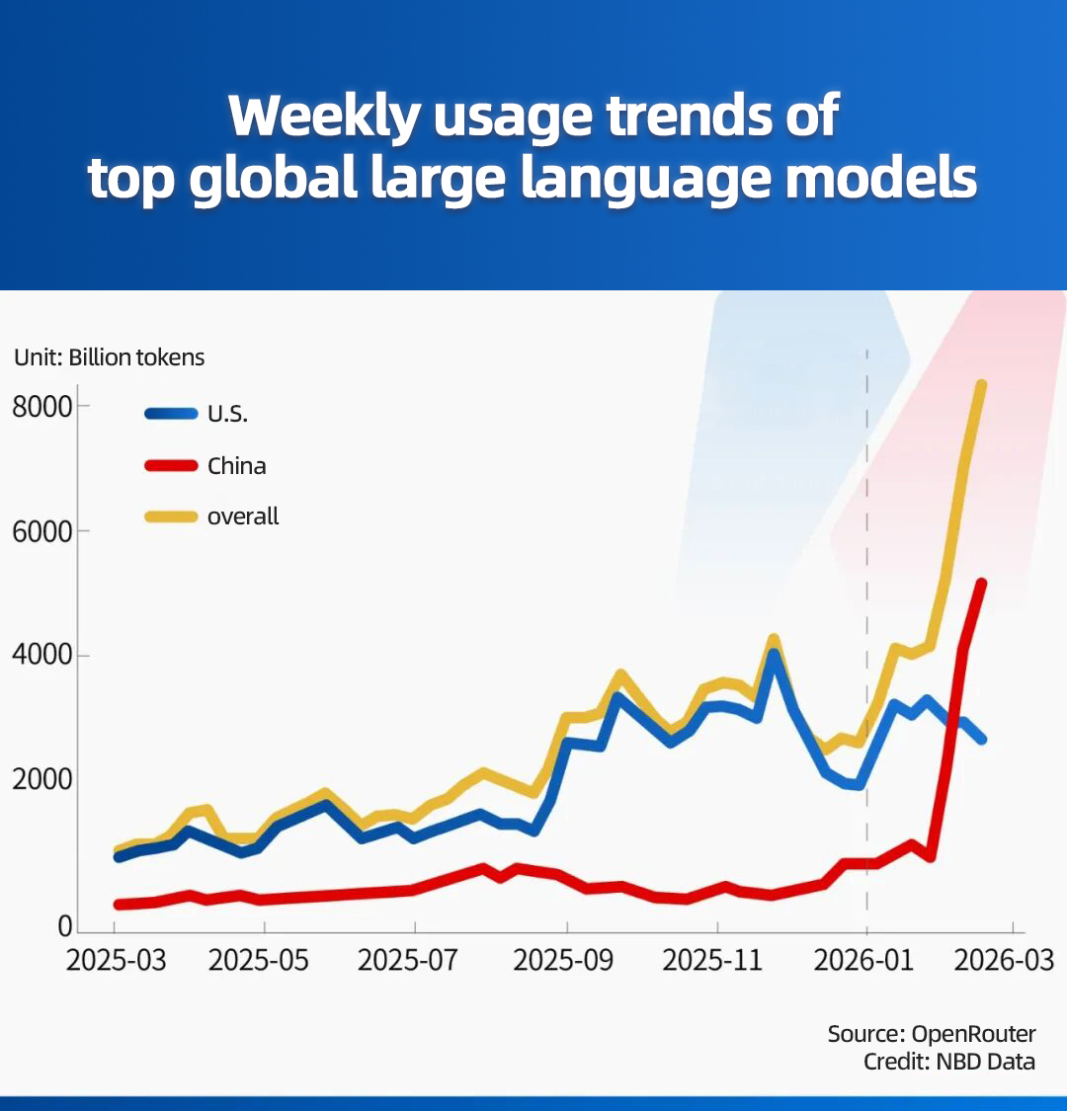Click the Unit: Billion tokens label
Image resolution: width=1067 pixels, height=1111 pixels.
coord(110,357)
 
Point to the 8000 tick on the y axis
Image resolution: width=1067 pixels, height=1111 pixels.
coord(41,406)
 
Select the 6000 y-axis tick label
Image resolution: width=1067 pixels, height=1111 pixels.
coord(41,531)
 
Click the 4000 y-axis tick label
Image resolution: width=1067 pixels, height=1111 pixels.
coord(41,656)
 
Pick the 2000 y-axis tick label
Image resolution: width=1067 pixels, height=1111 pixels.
coord(41,780)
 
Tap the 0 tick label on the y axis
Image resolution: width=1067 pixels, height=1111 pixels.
coord(65,925)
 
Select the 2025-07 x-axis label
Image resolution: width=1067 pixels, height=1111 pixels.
coord(414,960)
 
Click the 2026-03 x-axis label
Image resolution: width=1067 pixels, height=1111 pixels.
coord(1005,960)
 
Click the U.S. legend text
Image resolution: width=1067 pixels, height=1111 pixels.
coord(227,415)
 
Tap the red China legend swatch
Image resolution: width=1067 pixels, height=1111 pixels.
coord(171,465)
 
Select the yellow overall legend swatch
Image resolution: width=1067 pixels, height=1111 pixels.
coord(171,516)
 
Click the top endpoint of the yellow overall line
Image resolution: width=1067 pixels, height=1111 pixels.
coord(982,385)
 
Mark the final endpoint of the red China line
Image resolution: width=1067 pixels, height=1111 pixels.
coord(981,583)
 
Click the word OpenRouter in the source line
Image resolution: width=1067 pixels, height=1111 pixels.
coord(973,1034)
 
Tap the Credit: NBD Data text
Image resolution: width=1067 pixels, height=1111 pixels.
coord(948,1062)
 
